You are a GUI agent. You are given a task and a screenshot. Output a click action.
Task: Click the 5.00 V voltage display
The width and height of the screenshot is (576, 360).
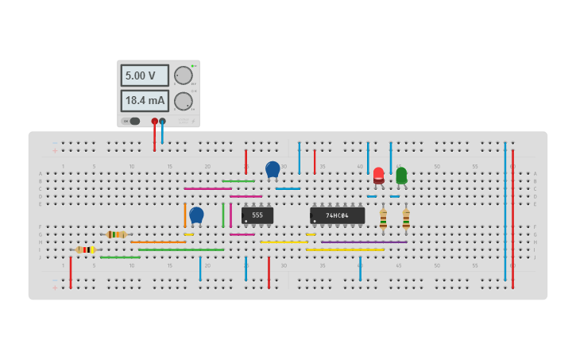pyautogui.click(x=144, y=75)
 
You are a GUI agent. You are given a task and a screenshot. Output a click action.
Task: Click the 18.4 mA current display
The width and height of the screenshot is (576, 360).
pyautogui.click(x=144, y=101)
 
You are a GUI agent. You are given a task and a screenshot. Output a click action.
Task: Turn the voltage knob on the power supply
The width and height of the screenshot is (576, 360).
pyautogui.click(x=183, y=75)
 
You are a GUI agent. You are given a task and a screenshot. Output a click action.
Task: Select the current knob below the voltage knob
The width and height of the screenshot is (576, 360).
pyautogui.click(x=183, y=101)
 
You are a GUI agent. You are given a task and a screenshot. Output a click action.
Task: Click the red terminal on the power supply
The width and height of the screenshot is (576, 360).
pyautogui.click(x=154, y=121)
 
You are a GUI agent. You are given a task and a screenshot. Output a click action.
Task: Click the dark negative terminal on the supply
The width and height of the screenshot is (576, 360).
pyautogui.click(x=162, y=121)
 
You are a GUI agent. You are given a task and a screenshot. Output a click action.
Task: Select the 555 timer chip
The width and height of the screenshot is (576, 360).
pyautogui.click(x=257, y=215)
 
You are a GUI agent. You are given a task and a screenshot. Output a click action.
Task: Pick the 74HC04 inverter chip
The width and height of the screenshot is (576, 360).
pyautogui.click(x=338, y=215)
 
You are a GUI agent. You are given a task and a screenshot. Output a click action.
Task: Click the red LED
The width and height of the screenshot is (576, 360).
pyautogui.click(x=379, y=175)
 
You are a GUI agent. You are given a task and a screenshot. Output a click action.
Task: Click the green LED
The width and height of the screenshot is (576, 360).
pyautogui.click(x=401, y=175)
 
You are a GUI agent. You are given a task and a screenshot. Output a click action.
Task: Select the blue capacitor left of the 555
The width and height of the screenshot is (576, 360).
pyautogui.click(x=196, y=215)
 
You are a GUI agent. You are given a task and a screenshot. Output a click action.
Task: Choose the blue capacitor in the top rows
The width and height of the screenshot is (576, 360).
pyautogui.click(x=273, y=169)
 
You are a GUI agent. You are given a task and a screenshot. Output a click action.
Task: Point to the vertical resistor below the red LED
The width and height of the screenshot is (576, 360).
pyautogui.click(x=383, y=219)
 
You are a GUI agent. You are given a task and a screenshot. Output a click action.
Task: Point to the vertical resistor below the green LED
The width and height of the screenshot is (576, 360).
pyautogui.click(x=406, y=219)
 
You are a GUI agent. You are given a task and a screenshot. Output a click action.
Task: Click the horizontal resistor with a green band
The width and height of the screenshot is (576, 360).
pyautogui.click(x=116, y=234)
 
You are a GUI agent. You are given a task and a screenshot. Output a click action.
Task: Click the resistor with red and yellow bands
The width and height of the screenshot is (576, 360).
pyautogui.click(x=85, y=250)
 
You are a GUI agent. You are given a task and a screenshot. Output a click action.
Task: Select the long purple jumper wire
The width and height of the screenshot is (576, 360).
pyautogui.click(x=364, y=242)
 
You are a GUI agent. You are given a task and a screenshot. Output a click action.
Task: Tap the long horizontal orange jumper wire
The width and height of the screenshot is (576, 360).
pyautogui.click(x=158, y=242)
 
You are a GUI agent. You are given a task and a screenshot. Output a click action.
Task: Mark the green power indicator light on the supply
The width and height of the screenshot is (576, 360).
pyautogui.click(x=193, y=66)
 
